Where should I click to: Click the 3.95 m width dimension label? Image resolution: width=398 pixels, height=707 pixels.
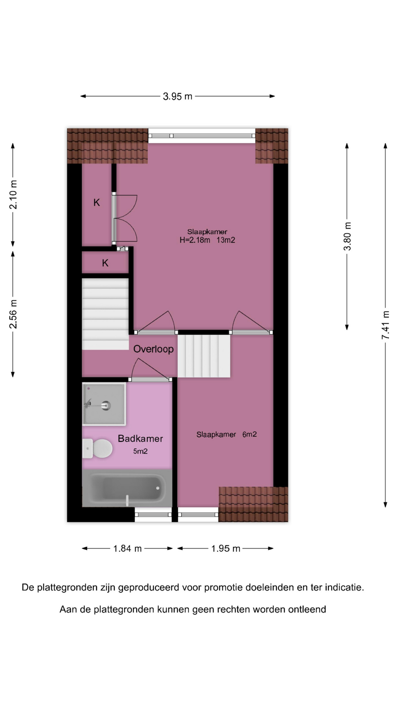coord(178,96)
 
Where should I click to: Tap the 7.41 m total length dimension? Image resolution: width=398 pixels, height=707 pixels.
coord(385,325)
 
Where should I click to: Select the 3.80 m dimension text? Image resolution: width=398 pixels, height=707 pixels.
coord(347,236)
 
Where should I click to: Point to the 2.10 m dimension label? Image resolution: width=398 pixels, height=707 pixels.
coord(13,194)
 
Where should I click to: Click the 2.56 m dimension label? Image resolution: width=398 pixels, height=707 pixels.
coord(13,314)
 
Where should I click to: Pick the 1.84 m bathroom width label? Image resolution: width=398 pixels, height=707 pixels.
coord(128,549)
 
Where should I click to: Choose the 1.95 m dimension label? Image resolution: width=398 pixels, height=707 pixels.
coord(226,549)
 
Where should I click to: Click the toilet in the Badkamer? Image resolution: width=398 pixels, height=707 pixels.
coord(97,449)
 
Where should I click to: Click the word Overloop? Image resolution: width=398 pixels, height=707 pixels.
coord(153,349)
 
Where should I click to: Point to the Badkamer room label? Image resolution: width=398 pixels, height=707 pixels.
coord(140,439)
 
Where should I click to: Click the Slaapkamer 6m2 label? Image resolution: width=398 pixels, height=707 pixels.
coord(227,435)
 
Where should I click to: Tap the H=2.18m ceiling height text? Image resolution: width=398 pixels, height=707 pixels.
coord(195,240)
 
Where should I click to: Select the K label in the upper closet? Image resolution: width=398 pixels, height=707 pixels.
coord(97,202)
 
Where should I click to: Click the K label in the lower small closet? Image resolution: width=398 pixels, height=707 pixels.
coord(105,263)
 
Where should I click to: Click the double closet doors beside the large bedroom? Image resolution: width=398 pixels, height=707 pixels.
coord(125,218)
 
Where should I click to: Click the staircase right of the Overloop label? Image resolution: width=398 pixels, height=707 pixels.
coord(204,356)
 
